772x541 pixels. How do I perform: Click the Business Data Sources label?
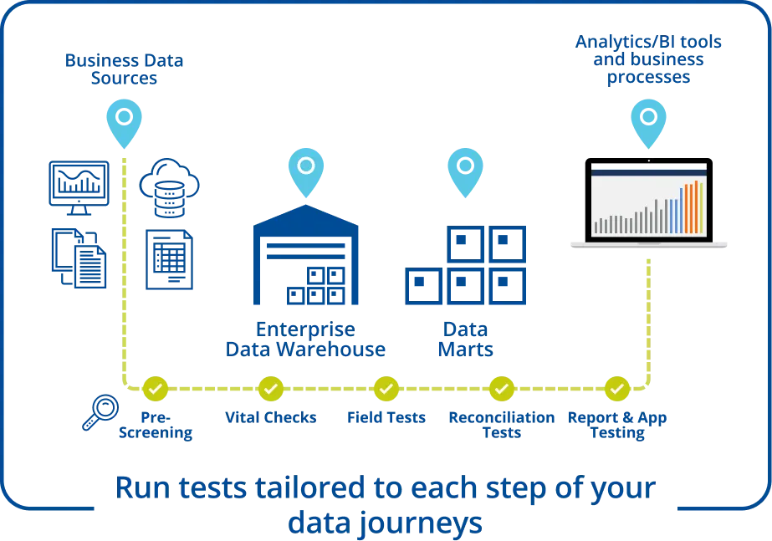124,70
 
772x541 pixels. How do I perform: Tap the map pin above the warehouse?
306,170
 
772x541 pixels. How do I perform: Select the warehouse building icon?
304,255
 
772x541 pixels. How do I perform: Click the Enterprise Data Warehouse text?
304,339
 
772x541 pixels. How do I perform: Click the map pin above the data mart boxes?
466,169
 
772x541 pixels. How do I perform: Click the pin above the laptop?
648,120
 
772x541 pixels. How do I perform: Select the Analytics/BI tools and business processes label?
648,59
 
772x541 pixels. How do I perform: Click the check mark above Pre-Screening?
156,388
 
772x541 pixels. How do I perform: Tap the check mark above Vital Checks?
270,388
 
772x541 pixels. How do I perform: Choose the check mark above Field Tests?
386,388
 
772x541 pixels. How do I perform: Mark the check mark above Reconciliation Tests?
501,388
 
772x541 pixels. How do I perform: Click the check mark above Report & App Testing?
616,388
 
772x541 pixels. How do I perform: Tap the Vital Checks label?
270,416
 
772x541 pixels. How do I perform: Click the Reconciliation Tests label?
501,424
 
